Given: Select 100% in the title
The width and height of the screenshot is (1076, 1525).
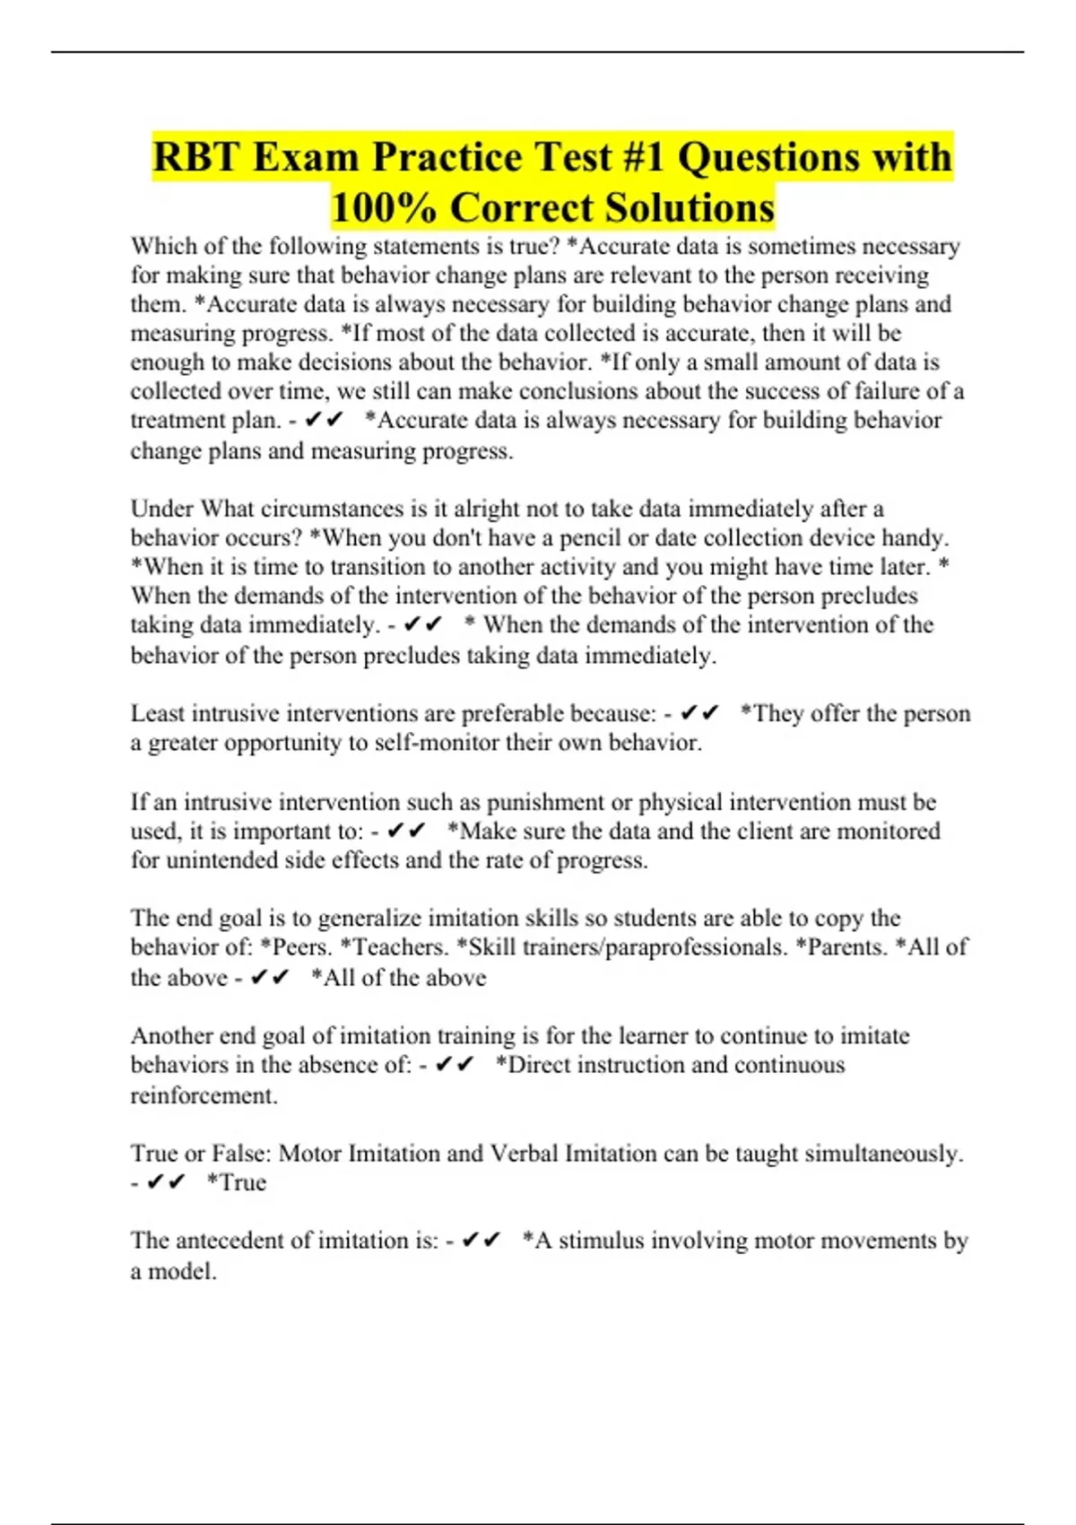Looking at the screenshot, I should pos(384,208).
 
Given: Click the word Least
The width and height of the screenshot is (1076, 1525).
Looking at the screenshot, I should pos(158,713).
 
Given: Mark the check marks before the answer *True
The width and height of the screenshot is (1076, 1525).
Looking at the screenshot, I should pos(166,1183).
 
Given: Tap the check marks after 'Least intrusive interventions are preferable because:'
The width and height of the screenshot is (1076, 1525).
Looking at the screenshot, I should pos(699,713).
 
